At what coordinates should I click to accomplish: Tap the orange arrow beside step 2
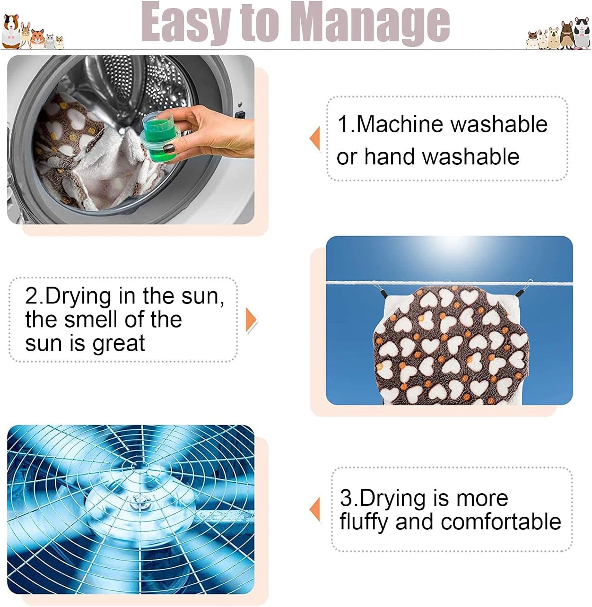(251, 320)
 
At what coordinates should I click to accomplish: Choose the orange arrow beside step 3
(315, 510)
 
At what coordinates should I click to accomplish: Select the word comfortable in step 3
(501, 521)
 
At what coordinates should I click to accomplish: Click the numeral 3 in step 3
(346, 498)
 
